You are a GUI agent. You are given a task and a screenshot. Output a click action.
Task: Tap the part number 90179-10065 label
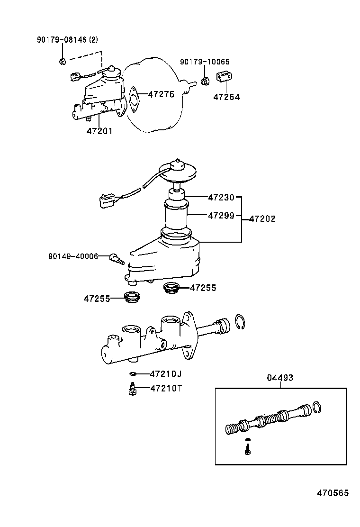[x=204, y=62]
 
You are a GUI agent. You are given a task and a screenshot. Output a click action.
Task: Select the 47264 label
[x=226, y=97]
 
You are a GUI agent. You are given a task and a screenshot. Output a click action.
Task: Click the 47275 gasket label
[x=161, y=94]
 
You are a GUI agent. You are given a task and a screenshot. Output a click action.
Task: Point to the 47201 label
[x=99, y=131]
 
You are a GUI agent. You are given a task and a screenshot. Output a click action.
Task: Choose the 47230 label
[x=221, y=196]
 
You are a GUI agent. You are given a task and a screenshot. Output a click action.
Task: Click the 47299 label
[x=221, y=216]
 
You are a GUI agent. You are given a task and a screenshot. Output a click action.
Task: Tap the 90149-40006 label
[x=73, y=256]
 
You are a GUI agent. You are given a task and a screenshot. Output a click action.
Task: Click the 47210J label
[x=166, y=374]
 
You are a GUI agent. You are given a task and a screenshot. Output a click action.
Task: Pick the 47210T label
[x=166, y=389]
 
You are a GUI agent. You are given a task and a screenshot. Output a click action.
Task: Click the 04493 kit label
[x=279, y=378]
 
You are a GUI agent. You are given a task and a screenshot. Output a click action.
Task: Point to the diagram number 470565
[x=333, y=493]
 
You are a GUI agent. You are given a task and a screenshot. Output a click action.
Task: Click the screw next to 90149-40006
[x=116, y=258]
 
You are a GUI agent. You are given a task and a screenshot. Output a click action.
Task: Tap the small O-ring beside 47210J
[x=134, y=374]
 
